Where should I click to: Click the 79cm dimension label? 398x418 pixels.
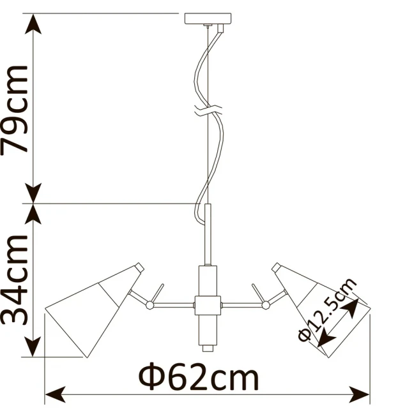(15, 110)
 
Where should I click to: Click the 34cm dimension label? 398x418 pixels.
(15, 280)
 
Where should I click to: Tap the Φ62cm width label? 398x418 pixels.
(199, 376)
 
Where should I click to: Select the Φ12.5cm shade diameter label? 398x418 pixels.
(327, 310)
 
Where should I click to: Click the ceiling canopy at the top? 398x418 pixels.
(208, 19)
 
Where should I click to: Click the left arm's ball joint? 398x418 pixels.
(149, 304)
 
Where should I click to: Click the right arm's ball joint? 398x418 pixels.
(266, 304)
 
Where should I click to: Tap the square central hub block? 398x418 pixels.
(208, 305)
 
